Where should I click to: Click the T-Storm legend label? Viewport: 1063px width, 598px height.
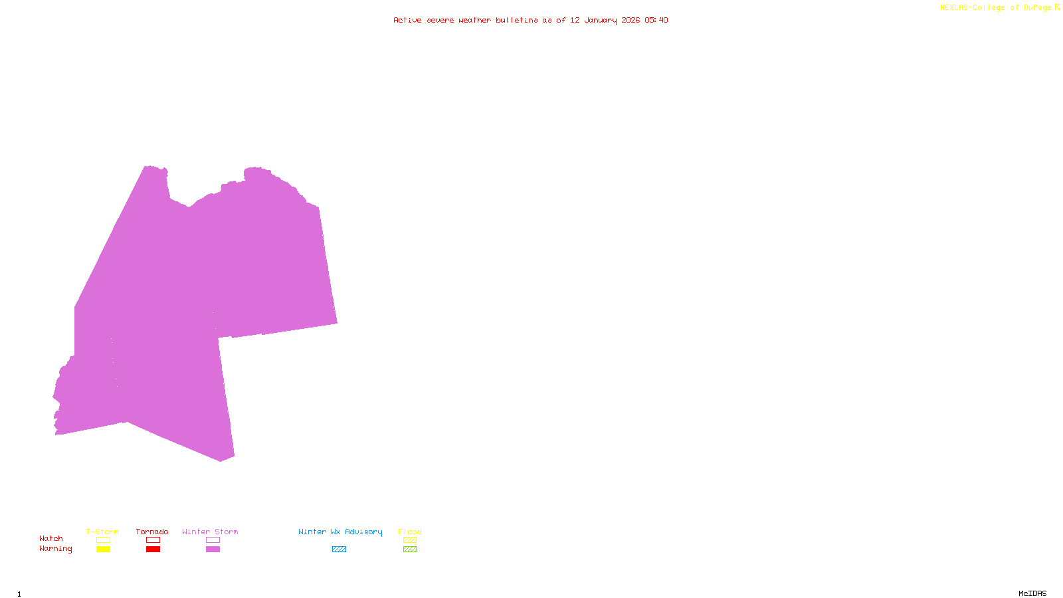point(102,532)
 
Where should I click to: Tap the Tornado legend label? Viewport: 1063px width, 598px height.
point(152,532)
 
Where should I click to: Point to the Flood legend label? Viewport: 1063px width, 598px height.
point(410,532)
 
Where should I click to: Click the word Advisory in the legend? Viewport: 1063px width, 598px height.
point(363,532)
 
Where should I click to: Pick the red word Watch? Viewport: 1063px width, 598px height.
point(51,538)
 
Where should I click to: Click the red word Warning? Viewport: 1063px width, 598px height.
point(55,549)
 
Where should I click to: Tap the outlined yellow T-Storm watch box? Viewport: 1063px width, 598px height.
point(103,540)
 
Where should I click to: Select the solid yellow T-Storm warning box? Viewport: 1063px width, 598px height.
point(103,549)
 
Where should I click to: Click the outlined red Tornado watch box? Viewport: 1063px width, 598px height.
point(153,540)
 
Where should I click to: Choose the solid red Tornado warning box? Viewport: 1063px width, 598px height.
point(153,549)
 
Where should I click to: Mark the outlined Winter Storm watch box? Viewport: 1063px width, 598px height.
point(213,540)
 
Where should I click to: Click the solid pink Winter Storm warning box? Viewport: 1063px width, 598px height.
point(213,549)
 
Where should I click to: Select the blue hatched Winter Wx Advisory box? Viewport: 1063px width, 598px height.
point(339,549)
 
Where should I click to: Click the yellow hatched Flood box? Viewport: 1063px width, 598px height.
point(410,540)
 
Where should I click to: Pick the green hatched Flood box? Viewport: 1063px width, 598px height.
point(410,549)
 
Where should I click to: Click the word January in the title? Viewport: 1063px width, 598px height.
point(601,20)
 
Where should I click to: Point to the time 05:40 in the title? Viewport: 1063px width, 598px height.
point(656,20)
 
